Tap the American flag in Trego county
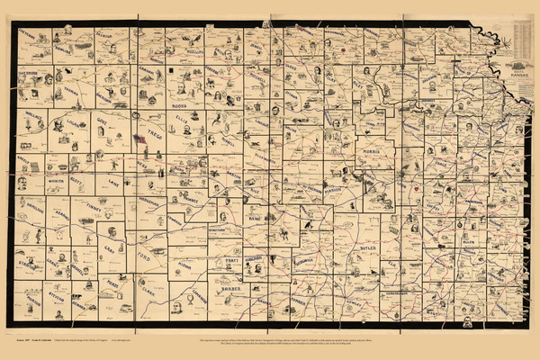pos(139,139)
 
